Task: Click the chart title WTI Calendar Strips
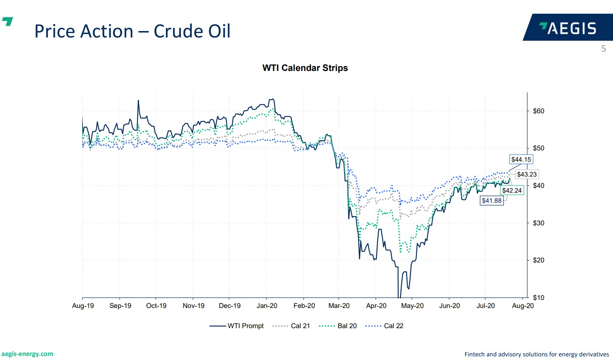pyautogui.click(x=305, y=68)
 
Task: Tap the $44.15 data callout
pyautogui.click(x=521, y=160)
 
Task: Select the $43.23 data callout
pyautogui.click(x=527, y=175)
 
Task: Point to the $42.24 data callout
pyautogui.click(x=512, y=190)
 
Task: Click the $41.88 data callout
pyautogui.click(x=492, y=200)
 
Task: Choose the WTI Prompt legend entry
pyautogui.click(x=237, y=326)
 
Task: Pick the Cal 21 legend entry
pyautogui.click(x=291, y=326)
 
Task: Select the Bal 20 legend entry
pyautogui.click(x=338, y=326)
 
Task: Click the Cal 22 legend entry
pyautogui.click(x=384, y=326)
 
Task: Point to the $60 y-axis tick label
pyautogui.click(x=538, y=111)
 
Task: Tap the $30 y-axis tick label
pyautogui.click(x=538, y=223)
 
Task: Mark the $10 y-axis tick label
pyautogui.click(x=538, y=298)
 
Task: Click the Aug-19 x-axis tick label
pyautogui.click(x=83, y=306)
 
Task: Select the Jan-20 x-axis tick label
pyautogui.click(x=267, y=306)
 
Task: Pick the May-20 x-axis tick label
pyautogui.click(x=412, y=306)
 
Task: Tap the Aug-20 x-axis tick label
pyautogui.click(x=523, y=306)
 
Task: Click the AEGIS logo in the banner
pyautogui.click(x=568, y=28)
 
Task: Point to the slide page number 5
pyautogui.click(x=603, y=49)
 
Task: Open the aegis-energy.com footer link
pyautogui.click(x=27, y=354)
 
